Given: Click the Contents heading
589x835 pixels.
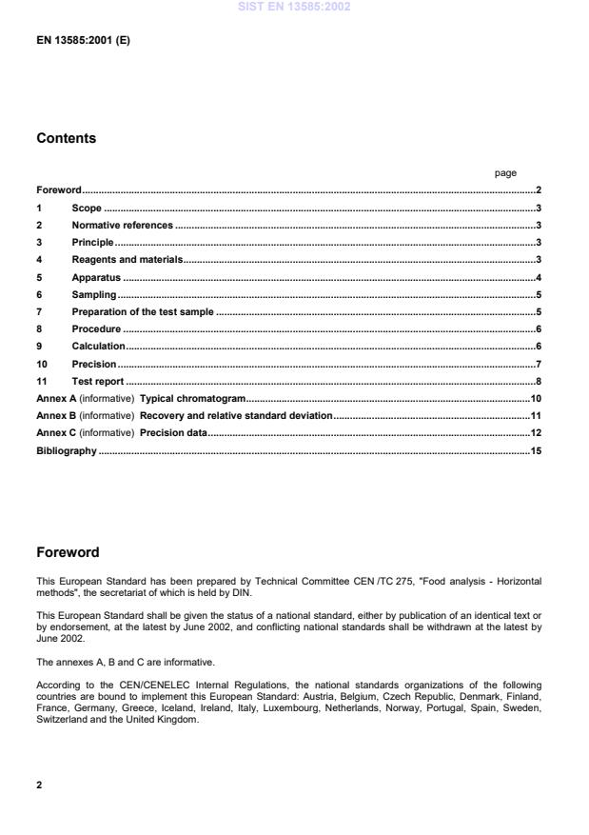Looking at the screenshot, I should (x=66, y=138).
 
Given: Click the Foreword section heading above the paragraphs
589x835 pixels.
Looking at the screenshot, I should (x=68, y=552).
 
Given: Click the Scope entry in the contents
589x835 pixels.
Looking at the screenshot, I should (x=87, y=208).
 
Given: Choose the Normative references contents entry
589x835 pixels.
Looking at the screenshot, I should (x=122, y=226).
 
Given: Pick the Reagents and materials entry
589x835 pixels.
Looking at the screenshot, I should (x=127, y=260).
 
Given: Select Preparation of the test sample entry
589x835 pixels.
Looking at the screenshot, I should (x=143, y=312).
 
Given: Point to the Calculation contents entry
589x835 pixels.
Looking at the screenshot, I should (x=98, y=347).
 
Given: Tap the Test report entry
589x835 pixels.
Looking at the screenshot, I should (x=98, y=381).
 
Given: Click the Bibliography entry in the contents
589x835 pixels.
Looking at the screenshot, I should (x=66, y=450).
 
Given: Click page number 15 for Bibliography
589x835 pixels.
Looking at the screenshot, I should (x=536, y=450).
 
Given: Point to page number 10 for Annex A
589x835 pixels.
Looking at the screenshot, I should (x=536, y=398).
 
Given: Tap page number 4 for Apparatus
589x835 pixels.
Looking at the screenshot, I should (x=539, y=277).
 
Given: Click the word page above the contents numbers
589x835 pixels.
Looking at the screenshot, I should (x=505, y=173).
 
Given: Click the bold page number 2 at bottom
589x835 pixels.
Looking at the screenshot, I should (x=39, y=786).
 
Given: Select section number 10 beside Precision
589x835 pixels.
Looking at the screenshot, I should (x=42, y=364).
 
